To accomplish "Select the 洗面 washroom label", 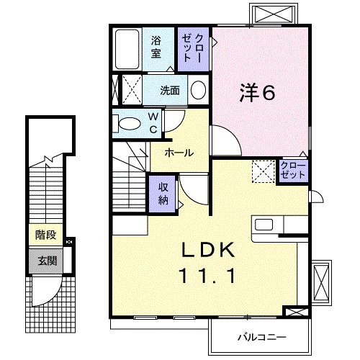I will pyautogui.click(x=170, y=90).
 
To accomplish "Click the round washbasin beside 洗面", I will pyautogui.click(x=198, y=90).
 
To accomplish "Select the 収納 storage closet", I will pyautogui.click(x=163, y=192).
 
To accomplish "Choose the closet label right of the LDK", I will pyautogui.click(x=293, y=171).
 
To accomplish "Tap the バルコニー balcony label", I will pyautogui.click(x=263, y=336).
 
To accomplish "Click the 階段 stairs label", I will pyautogui.click(x=45, y=235).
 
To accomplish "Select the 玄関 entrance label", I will pyautogui.click(x=45, y=261).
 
